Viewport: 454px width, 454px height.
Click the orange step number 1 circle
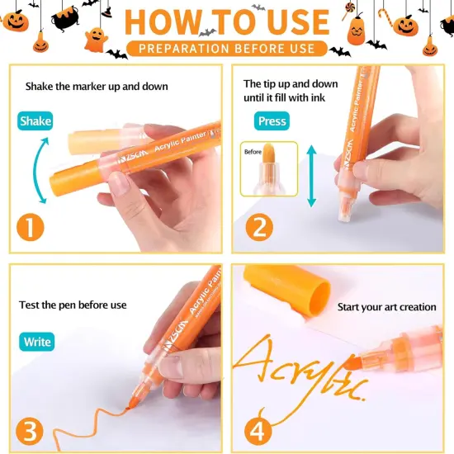[31, 227]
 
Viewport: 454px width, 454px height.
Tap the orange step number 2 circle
[259, 227]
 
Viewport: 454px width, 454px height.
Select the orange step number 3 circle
[30, 431]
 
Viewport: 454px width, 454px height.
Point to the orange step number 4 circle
[258, 431]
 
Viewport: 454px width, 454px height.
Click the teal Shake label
[35, 121]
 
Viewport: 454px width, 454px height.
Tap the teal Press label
[272, 121]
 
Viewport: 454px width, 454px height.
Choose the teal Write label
[37, 342]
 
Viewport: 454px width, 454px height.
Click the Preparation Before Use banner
[227, 49]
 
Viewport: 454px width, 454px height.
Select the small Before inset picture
[269, 169]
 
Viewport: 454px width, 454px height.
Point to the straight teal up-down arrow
[311, 176]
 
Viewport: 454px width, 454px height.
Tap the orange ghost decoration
[96, 40]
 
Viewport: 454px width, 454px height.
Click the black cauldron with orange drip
[65, 18]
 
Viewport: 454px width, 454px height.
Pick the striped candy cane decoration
[386, 17]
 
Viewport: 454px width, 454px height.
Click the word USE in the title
[298, 22]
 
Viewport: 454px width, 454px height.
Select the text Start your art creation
[387, 307]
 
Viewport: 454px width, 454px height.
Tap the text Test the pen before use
[73, 305]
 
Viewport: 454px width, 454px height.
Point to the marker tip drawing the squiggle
[132, 404]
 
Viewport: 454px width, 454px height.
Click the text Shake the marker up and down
[97, 87]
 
